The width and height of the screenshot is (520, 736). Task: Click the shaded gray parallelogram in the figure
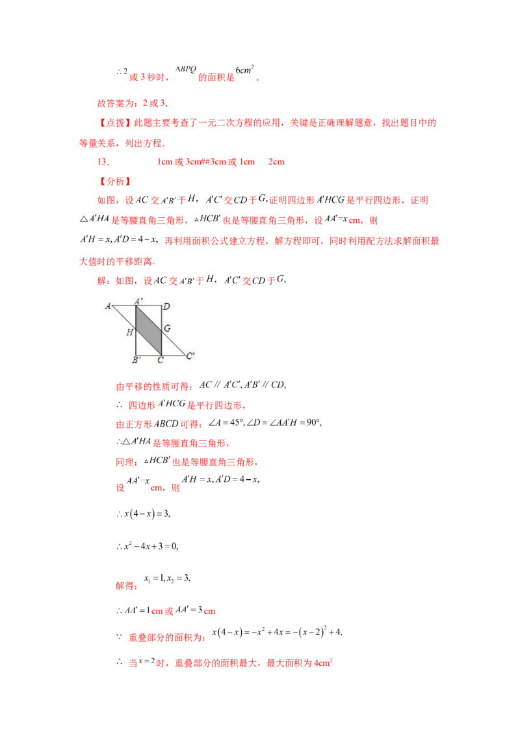(149, 330)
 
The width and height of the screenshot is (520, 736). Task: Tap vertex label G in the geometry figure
(167, 328)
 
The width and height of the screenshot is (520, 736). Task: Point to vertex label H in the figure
(129, 332)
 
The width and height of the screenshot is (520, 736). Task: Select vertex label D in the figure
(166, 306)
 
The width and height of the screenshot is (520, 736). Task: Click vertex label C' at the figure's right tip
(190, 356)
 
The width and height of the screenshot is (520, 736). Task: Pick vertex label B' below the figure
(136, 360)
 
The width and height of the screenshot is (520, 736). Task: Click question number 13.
(103, 162)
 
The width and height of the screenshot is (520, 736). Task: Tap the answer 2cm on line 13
(276, 162)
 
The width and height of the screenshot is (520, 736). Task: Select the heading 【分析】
(116, 181)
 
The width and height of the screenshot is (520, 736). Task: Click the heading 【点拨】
(116, 123)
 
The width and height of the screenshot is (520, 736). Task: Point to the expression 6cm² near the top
(244, 70)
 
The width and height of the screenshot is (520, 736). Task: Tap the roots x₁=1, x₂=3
(167, 578)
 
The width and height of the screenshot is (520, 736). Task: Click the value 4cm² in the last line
(323, 663)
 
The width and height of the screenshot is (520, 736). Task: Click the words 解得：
(127, 586)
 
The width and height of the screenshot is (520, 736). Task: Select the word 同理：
(127, 462)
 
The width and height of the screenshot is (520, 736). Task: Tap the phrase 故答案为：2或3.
(133, 103)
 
